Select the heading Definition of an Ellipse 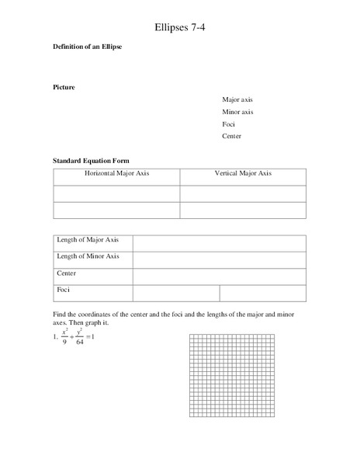tap(88, 48)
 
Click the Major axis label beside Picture tap(237, 99)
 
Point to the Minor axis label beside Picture tap(237, 112)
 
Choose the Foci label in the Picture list tap(228, 124)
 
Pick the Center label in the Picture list tap(231, 137)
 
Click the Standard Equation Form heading tap(95, 160)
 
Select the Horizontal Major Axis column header tap(116, 173)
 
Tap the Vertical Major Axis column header tap(243, 173)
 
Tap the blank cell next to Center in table tap(219, 276)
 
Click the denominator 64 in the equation tap(79, 343)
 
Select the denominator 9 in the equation tap(64, 343)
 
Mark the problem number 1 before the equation tap(54, 336)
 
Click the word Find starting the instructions tap(60, 313)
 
